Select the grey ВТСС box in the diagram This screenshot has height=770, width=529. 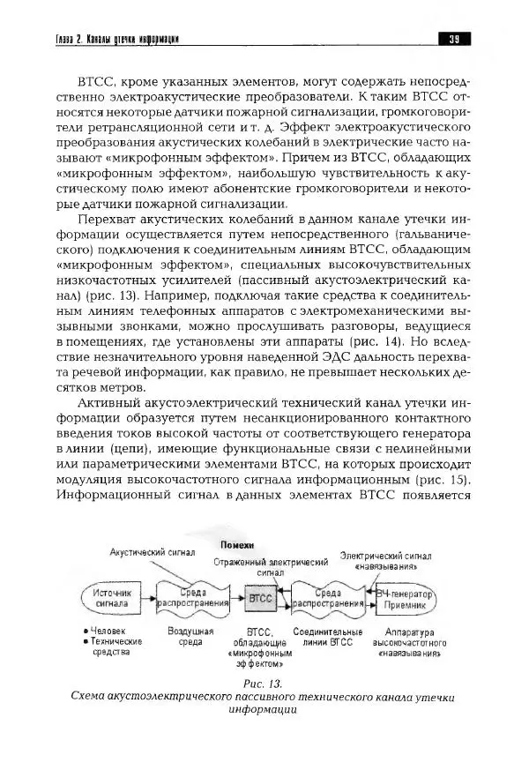pyautogui.click(x=261, y=598)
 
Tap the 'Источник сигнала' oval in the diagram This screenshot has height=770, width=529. pyautogui.click(x=116, y=599)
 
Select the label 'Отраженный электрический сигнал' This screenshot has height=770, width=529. pyautogui.click(x=272, y=566)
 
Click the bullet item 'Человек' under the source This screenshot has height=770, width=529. pyautogui.click(x=108, y=632)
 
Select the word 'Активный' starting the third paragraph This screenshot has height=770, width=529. pyautogui.click(x=107, y=401)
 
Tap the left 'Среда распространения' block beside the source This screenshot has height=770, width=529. pyautogui.click(x=193, y=599)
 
